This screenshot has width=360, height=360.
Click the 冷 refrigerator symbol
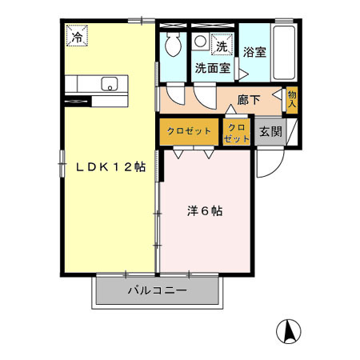pyautogui.click(x=78, y=36)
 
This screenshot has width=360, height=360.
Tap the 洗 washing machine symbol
pyautogui.click(x=220, y=47)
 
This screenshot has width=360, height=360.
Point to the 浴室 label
pyautogui.click(x=254, y=51)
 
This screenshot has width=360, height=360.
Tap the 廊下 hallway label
pyautogui.click(x=249, y=100)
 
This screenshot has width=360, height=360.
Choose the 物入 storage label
pyautogui.click(x=292, y=98)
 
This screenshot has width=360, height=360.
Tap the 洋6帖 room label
pyautogui.click(x=205, y=212)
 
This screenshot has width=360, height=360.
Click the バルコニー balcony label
pyautogui.click(x=158, y=290)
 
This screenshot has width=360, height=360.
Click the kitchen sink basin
pyautogui.click(x=110, y=83)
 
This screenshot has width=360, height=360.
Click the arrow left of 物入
pyautogui.click(x=278, y=96)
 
